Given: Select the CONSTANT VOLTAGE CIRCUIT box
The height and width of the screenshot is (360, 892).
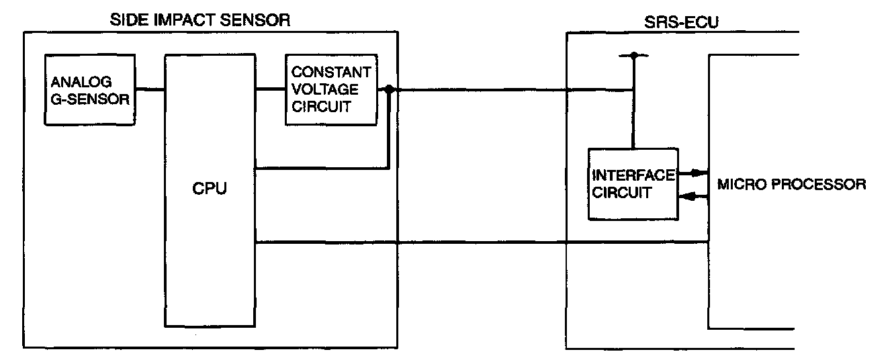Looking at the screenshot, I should [x=330, y=89].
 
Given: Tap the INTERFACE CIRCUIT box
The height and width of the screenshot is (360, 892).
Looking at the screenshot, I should [x=633, y=183].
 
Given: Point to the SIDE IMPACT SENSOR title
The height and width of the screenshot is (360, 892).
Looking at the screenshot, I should [x=200, y=19].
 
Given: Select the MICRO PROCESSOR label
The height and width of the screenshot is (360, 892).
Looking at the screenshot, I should [x=792, y=183].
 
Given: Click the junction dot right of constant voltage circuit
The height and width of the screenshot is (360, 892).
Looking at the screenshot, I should [x=389, y=89].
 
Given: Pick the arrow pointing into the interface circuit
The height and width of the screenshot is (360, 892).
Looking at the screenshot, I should [x=684, y=196].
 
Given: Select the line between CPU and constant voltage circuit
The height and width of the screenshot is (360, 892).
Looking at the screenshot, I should [x=271, y=89].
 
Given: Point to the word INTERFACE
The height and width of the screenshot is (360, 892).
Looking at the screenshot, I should [x=633, y=176].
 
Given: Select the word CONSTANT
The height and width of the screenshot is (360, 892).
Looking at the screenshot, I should [x=330, y=72].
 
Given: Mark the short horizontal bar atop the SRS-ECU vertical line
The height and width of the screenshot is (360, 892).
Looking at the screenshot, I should [x=633, y=55].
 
